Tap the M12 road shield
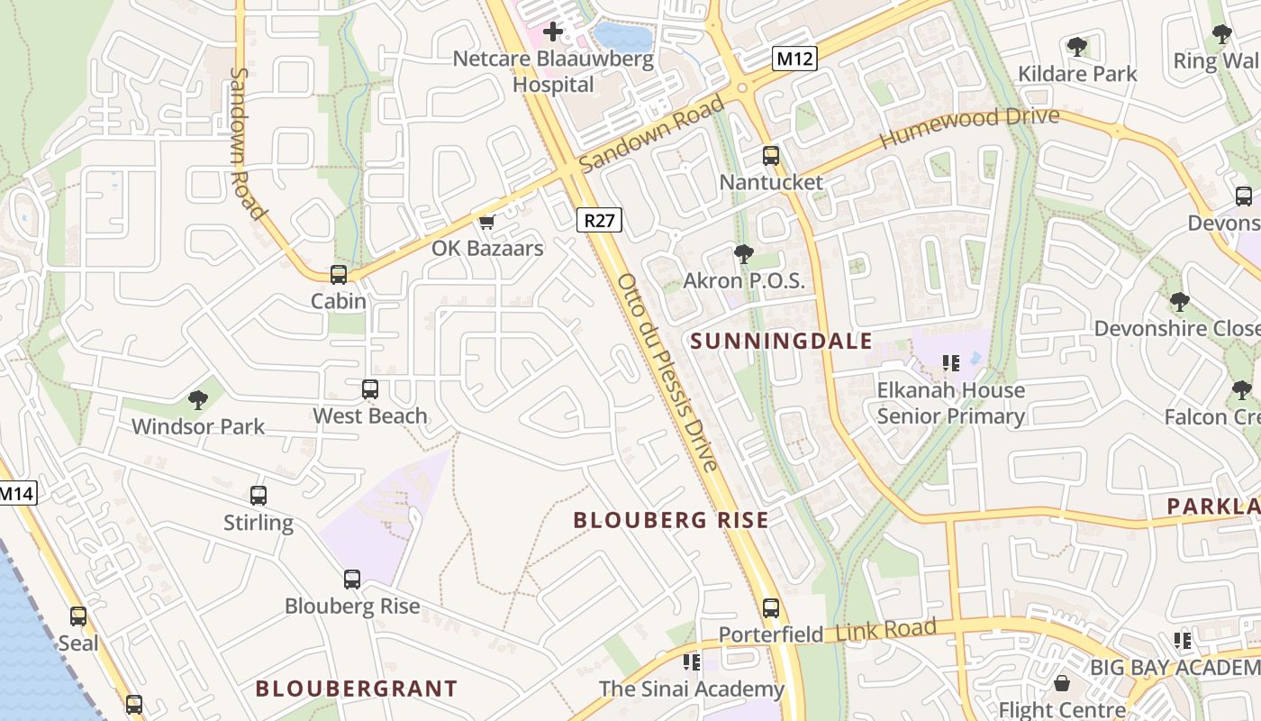[795, 59]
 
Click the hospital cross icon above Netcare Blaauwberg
[553, 32]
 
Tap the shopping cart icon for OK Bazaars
[487, 222]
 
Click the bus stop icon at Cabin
[339, 275]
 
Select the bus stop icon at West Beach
[370, 389]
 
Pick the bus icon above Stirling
[259, 496]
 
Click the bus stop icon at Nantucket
[771, 156]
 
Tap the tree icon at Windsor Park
[198, 400]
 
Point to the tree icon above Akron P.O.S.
[744, 254]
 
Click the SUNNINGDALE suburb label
[782, 341]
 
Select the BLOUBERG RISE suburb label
[671, 520]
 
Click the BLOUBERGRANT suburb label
[357, 689]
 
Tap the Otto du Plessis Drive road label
[668, 371]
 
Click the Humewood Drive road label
[969, 127]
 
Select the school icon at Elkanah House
[951, 363]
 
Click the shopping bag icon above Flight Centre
[1062, 684]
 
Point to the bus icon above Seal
[78, 616]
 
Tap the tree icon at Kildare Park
[1077, 47]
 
